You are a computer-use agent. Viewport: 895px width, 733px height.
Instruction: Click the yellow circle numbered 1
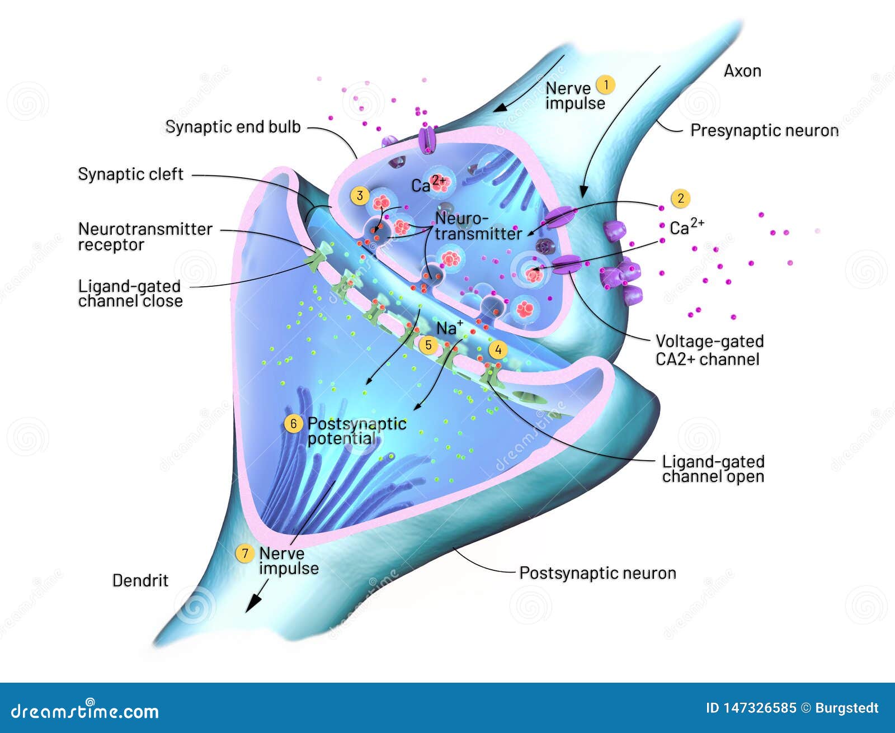605,85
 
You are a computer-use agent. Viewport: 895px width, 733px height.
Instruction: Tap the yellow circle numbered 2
680,198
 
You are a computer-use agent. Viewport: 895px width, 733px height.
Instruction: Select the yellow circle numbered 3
360,196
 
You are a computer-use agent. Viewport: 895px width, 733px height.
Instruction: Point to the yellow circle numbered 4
498,351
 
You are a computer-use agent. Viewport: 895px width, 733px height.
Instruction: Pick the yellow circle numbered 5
428,345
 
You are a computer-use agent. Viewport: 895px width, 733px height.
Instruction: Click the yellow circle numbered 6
294,424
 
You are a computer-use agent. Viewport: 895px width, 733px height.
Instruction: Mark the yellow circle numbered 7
244,554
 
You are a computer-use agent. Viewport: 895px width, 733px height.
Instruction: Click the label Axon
742,71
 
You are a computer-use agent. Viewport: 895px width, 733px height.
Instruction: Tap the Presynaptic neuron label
764,130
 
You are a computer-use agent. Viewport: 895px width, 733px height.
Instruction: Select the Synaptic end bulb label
233,127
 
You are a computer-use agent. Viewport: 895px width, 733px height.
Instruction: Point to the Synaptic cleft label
130,174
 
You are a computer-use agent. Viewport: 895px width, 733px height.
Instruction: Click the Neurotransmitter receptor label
145,237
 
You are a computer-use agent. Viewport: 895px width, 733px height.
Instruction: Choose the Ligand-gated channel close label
130,294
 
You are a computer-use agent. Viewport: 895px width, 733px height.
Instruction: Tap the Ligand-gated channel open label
713,469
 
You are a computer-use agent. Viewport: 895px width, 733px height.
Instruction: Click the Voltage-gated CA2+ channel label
709,350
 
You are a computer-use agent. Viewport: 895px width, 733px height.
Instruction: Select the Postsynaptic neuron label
597,573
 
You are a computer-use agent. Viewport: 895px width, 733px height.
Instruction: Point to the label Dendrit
140,580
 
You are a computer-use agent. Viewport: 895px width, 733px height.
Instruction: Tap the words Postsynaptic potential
357,431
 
